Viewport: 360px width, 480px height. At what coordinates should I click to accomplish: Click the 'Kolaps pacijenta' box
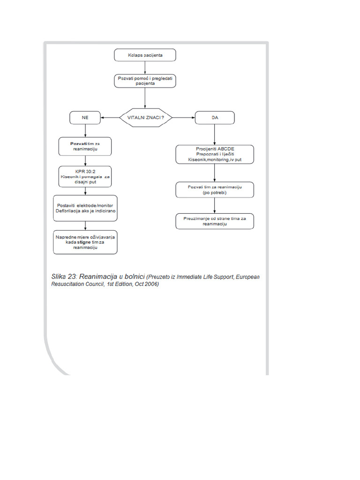145,55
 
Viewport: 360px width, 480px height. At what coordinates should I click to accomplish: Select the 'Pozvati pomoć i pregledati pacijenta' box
145,81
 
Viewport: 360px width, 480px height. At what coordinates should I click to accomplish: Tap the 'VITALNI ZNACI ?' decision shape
145,117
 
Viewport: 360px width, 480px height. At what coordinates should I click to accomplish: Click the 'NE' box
85,117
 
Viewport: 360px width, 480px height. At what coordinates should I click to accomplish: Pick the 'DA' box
215,117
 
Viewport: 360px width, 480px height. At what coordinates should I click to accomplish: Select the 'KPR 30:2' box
85,176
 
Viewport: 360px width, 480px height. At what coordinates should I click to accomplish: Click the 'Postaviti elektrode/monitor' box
85,208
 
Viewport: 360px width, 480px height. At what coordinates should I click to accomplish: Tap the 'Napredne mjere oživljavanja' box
85,242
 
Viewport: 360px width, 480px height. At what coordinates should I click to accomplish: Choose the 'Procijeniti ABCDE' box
215,154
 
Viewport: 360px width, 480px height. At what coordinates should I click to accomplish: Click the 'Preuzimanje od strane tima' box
215,221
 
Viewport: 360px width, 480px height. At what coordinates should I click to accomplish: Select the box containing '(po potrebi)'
215,190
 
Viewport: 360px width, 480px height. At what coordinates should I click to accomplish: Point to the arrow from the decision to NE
110,117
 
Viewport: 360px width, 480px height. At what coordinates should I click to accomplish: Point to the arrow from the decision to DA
183,117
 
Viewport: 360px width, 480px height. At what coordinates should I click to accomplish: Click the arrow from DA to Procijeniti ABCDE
215,135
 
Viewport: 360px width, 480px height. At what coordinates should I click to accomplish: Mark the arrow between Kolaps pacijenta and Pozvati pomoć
145,67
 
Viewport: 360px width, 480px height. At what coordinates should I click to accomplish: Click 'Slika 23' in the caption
64,277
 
